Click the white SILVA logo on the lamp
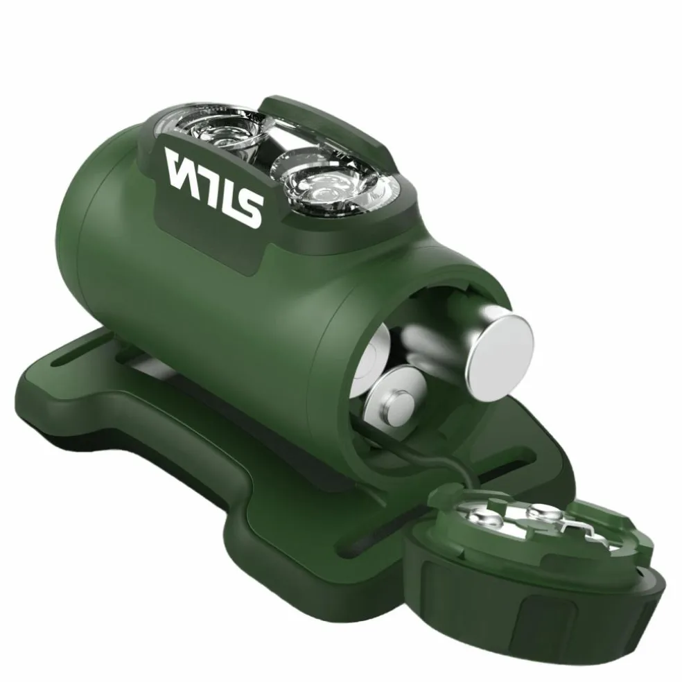click(214, 187)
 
